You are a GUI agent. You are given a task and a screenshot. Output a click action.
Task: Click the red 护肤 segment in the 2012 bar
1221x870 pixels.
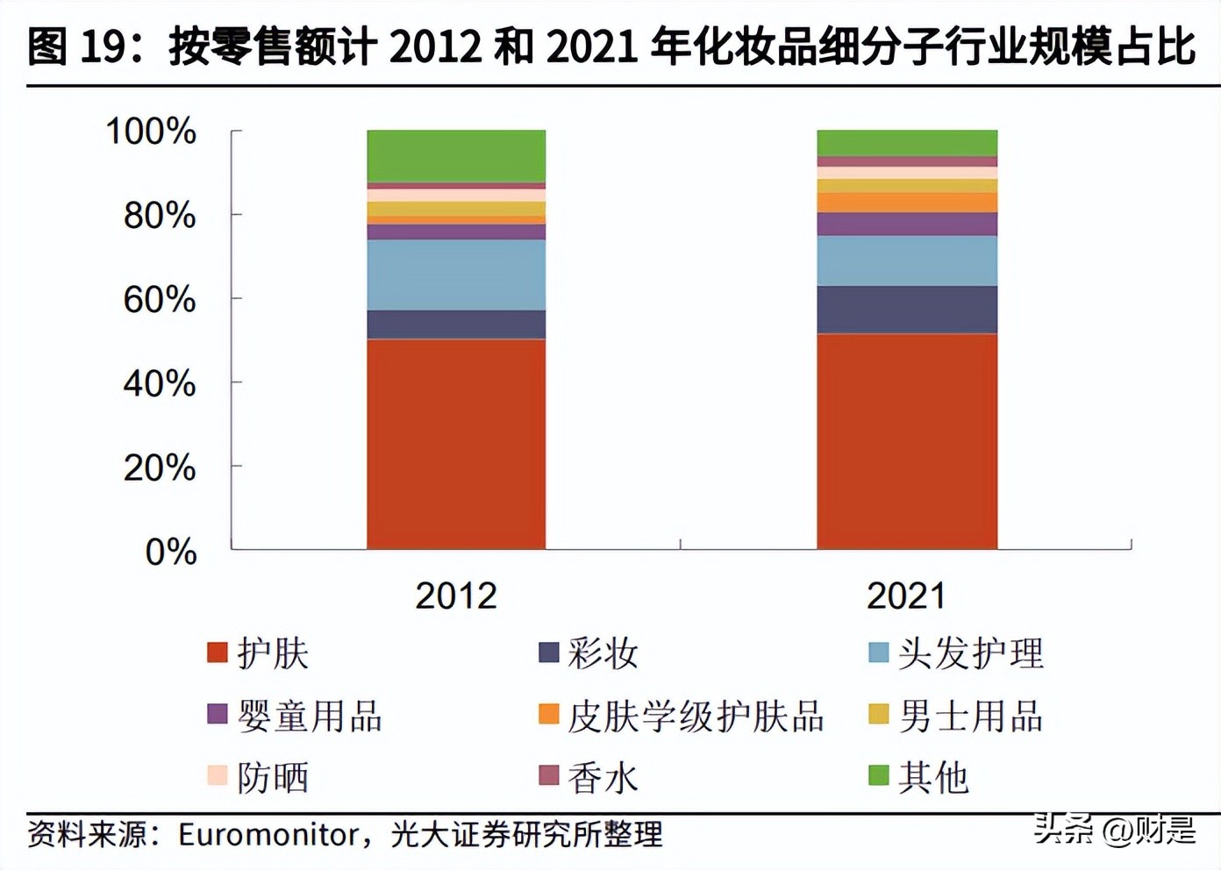pos(456,443)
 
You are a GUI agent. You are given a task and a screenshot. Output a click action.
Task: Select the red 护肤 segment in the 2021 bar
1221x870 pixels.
pos(907,440)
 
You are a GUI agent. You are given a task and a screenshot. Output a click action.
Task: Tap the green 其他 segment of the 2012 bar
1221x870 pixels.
pos(456,155)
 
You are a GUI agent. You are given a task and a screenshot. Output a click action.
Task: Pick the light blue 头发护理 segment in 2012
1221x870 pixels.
pos(456,275)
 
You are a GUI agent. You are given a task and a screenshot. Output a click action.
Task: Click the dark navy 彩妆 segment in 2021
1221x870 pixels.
pos(907,309)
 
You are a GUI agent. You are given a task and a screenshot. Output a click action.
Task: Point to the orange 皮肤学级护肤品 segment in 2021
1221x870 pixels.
pos(907,203)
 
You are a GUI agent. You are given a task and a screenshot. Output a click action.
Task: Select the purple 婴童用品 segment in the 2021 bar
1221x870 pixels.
pos(907,224)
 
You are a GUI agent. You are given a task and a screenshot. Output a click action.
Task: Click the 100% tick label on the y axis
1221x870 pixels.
pos(151,132)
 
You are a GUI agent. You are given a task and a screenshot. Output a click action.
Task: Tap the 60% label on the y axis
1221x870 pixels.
pos(159,300)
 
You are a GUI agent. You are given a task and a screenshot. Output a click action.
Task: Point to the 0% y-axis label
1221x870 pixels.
pos(170,553)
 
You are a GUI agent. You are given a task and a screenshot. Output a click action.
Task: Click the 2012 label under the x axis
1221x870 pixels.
pos(456,596)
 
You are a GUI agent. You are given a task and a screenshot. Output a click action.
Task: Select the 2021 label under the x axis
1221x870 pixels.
pos(907,596)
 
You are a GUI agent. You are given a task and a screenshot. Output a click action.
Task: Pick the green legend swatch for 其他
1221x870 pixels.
pos(878,775)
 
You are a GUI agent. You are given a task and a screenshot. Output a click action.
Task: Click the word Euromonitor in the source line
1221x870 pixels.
pos(268,834)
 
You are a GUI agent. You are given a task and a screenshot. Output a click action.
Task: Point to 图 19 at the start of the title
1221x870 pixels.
pos(75,46)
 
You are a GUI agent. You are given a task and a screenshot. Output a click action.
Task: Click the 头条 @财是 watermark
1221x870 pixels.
pos(1114,829)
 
